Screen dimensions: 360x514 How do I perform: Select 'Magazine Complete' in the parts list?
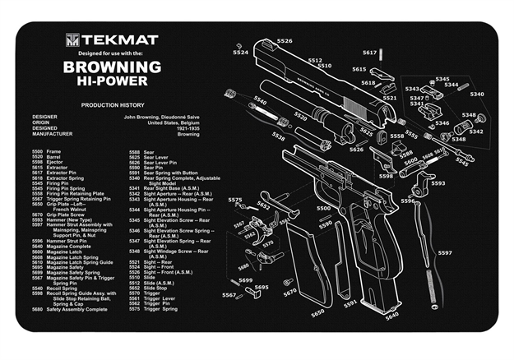(67, 246)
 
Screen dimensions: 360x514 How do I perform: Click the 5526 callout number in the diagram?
(284, 40)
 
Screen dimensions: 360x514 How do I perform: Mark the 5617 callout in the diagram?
(369, 52)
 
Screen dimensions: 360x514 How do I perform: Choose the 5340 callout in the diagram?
(476, 94)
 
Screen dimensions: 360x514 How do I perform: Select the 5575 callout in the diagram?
(235, 200)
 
